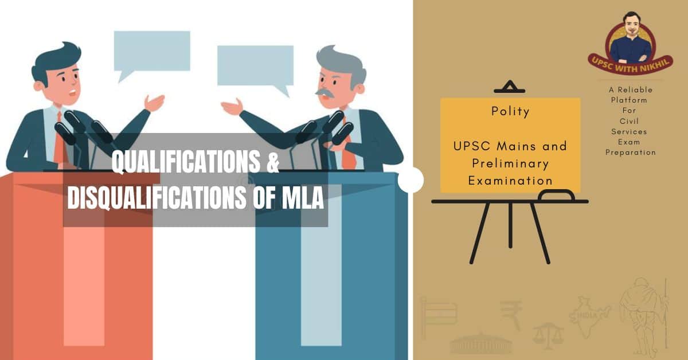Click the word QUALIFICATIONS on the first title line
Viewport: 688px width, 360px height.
(186, 162)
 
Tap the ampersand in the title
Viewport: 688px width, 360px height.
(273, 162)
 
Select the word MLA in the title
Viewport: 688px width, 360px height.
(303, 198)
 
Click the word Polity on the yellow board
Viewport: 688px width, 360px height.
(510, 112)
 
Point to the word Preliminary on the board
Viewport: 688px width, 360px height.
(510, 164)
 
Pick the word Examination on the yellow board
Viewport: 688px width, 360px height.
(510, 181)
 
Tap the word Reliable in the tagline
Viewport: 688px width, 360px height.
(635, 89)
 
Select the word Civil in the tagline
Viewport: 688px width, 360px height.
(629, 121)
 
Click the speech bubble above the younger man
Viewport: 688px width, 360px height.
(152, 54)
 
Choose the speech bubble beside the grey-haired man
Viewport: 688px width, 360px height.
(256, 68)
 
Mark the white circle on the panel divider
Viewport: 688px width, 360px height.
(411, 179)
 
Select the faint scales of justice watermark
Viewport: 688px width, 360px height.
(548, 336)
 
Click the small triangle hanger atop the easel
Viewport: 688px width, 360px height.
(510, 87)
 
